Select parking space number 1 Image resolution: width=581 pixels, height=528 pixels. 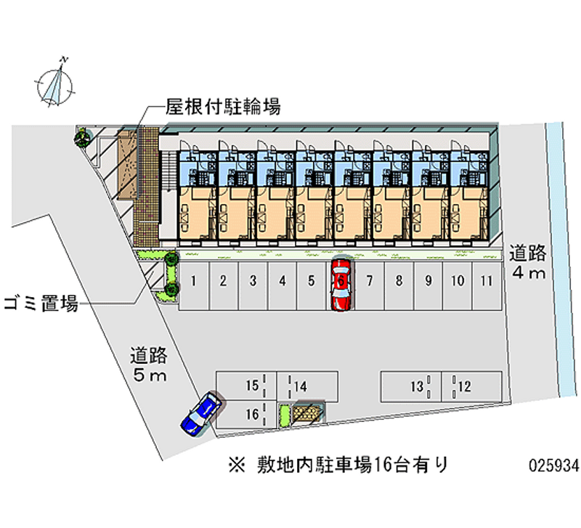(x=195, y=282)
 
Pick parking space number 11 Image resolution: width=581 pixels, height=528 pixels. (x=486, y=282)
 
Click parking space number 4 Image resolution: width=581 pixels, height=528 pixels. (x=282, y=282)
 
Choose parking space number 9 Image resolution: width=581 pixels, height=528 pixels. (x=428, y=282)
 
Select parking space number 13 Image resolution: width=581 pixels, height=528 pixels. (x=410, y=386)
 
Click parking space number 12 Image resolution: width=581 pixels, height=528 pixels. (x=472, y=386)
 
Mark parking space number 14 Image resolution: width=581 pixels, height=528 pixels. (x=309, y=386)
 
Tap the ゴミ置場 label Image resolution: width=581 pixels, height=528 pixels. (x=41, y=304)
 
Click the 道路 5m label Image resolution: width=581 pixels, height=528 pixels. (x=149, y=365)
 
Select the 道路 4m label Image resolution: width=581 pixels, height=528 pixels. (x=527, y=263)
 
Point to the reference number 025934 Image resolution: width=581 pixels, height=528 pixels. (x=554, y=466)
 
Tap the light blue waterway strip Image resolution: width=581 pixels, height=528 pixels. (x=558, y=254)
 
